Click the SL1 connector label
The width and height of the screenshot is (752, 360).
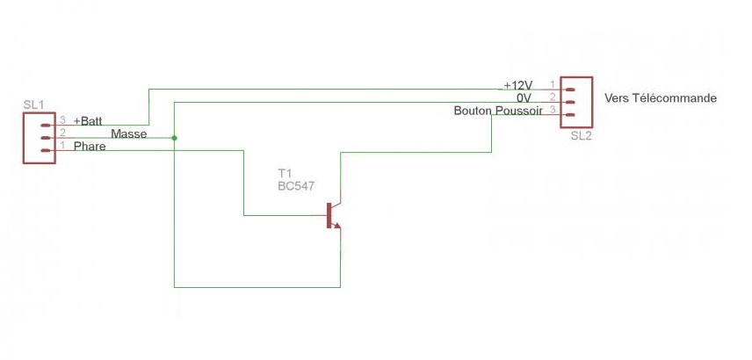click(x=34, y=105)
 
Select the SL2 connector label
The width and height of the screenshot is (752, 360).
click(x=581, y=136)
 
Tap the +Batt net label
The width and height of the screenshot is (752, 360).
click(x=88, y=120)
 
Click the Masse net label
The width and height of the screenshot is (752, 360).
click(x=128, y=133)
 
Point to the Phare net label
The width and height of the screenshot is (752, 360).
click(x=90, y=147)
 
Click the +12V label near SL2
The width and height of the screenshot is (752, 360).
click(x=517, y=85)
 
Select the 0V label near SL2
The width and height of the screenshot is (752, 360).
click(x=524, y=97)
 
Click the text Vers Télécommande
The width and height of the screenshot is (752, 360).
click(x=661, y=97)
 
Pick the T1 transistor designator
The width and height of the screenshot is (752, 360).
click(x=284, y=173)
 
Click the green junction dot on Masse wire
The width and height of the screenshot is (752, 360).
click(x=175, y=138)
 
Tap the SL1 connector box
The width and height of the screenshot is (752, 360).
click(x=40, y=138)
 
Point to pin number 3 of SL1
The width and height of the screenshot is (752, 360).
click(x=62, y=120)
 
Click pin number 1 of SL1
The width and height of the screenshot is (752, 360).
click(x=62, y=146)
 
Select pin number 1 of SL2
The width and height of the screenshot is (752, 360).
click(x=553, y=84)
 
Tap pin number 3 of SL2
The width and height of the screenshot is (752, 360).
click(x=553, y=110)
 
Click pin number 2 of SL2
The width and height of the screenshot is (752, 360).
click(x=553, y=97)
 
